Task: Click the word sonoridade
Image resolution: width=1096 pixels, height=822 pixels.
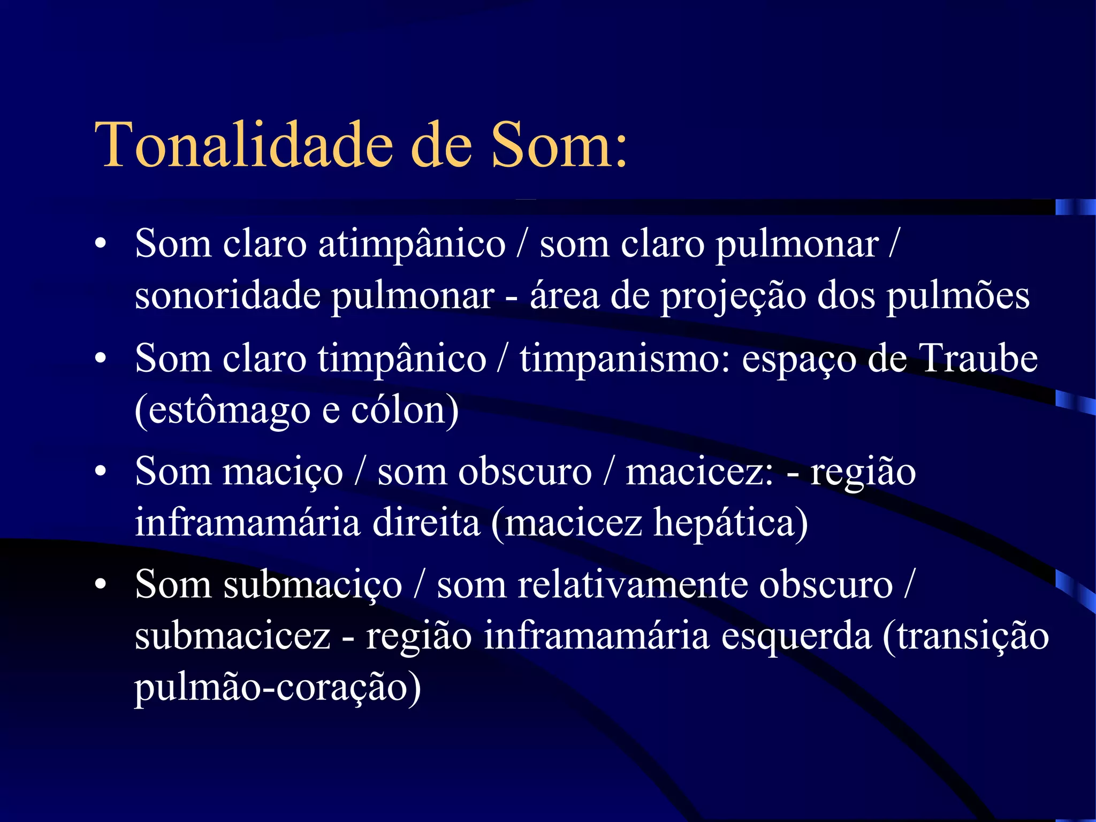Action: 227,295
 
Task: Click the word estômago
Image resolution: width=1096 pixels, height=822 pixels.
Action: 222,411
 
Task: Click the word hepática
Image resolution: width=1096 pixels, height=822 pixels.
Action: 730,523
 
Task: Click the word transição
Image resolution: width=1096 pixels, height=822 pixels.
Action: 966,637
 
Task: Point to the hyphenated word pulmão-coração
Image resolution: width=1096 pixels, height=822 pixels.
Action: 277,688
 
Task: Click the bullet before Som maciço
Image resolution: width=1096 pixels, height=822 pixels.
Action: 100,472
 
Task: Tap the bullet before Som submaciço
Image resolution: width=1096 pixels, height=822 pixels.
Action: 100,584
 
